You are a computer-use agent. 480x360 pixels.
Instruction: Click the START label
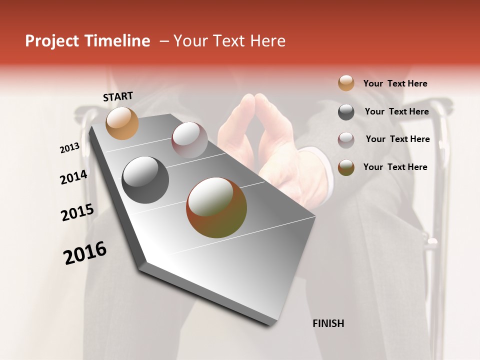[x=118, y=96]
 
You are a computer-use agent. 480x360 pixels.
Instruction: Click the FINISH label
[x=328, y=323]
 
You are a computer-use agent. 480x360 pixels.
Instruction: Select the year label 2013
[x=70, y=148]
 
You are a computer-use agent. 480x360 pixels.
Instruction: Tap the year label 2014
[x=73, y=177]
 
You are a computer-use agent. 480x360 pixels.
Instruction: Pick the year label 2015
[x=77, y=212]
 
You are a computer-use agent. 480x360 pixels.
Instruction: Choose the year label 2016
[x=85, y=253]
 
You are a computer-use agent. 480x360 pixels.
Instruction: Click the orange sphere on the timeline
[x=122, y=123]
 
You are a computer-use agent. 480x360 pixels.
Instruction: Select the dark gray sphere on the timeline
[x=145, y=180]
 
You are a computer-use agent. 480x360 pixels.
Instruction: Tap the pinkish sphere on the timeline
[x=189, y=139]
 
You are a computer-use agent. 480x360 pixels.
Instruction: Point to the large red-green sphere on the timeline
[x=216, y=207]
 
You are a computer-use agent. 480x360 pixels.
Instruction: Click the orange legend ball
[x=346, y=83]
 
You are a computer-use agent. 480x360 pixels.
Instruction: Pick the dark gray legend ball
[x=346, y=112]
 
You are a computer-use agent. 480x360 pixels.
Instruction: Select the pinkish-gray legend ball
[x=346, y=139]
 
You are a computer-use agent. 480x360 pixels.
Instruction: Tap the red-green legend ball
[x=346, y=167]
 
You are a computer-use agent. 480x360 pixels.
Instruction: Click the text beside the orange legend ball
[x=395, y=83]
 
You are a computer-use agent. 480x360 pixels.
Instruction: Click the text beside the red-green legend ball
[x=395, y=167]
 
